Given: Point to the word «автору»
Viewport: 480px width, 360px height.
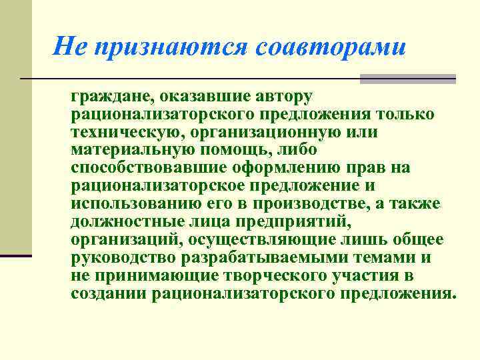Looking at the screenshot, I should [x=277, y=97].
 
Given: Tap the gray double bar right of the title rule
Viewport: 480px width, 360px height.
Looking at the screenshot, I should [x=407, y=79].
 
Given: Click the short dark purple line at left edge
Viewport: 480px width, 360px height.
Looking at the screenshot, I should [x=16, y=255].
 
